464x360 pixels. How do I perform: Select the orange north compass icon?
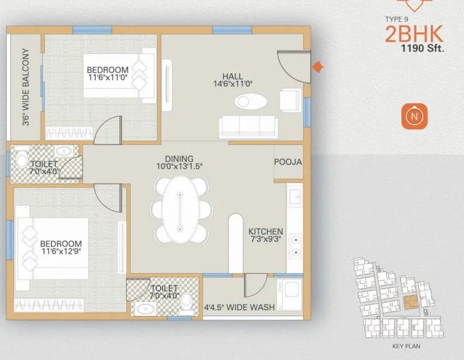coord(413,116)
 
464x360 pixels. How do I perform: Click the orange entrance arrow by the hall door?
coord(318,67)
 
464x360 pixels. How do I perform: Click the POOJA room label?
coord(288,162)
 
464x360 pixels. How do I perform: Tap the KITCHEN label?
coord(266,231)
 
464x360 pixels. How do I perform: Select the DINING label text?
coord(179,159)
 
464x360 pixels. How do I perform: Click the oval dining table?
coord(179,209)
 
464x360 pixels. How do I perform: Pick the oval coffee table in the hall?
coord(250,101)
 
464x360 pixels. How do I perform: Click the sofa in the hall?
coord(248,127)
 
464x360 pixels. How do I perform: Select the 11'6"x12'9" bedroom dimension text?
coord(61,252)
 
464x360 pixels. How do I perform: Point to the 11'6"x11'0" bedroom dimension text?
coord(108,77)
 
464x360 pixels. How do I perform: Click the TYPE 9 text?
coord(398,19)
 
